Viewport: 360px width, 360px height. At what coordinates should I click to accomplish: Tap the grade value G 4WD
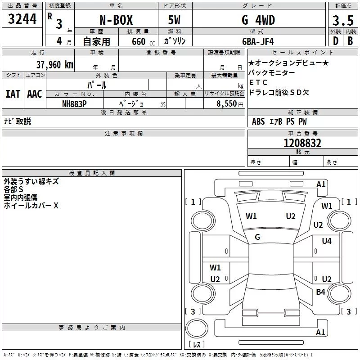point(258,20)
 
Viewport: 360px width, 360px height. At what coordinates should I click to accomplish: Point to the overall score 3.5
point(343,21)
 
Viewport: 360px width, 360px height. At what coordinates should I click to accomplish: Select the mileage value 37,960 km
point(54,65)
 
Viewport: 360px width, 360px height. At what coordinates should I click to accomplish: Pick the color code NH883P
point(75,103)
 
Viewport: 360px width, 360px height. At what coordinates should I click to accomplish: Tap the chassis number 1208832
point(302,143)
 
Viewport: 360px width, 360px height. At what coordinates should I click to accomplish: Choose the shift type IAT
point(13,94)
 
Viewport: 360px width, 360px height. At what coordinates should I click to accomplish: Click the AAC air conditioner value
point(35,94)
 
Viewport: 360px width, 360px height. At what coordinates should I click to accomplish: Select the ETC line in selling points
point(258,82)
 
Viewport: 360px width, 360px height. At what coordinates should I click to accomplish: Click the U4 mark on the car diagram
point(327,241)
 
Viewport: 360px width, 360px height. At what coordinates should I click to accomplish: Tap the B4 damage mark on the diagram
point(320,292)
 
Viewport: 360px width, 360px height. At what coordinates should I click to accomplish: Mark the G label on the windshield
point(257,237)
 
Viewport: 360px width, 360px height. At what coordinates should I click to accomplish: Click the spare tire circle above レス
point(196,328)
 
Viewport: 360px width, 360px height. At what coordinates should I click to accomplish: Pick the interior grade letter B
point(350,41)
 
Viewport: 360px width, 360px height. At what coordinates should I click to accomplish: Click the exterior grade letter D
point(335,41)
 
